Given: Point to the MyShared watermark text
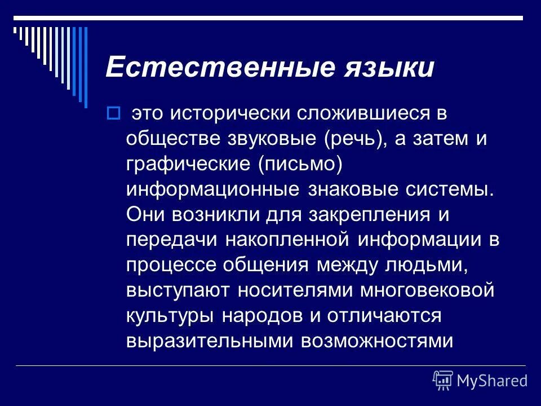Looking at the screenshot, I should pyautogui.click(x=492, y=381).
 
